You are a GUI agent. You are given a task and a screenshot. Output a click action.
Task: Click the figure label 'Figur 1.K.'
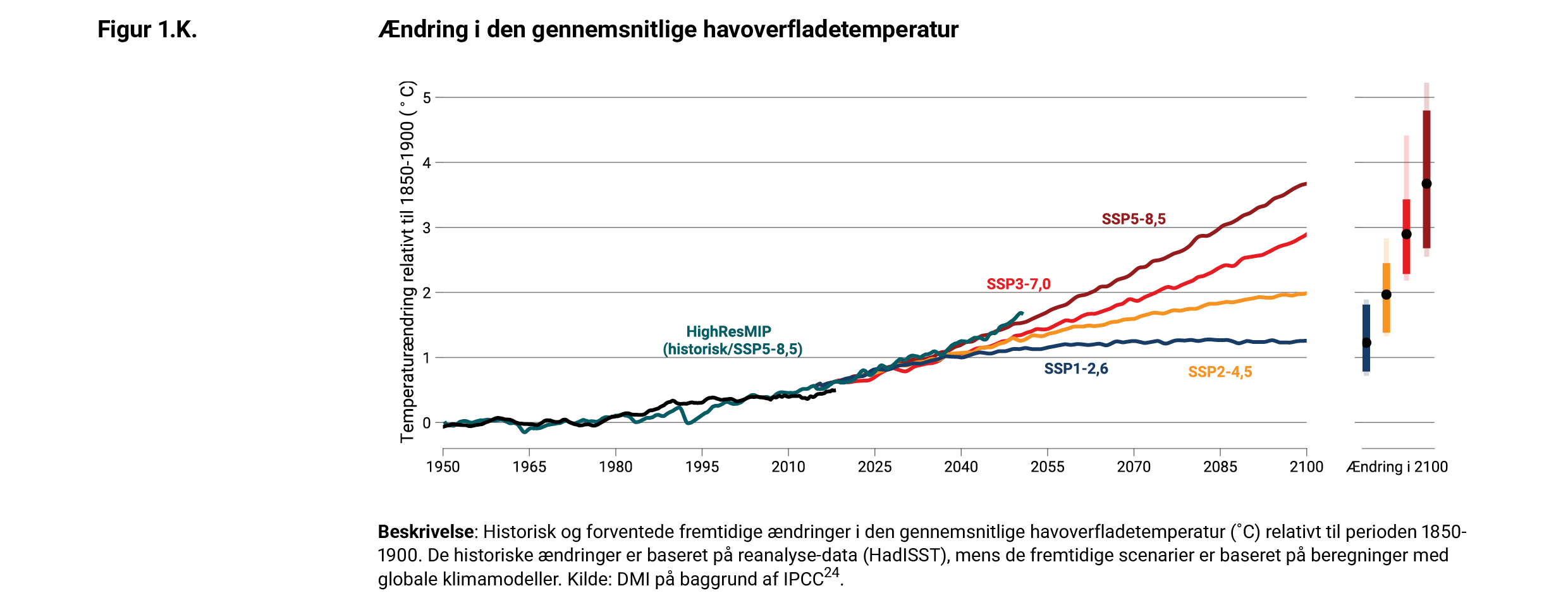(x=147, y=30)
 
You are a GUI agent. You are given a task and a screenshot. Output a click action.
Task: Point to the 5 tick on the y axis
(x=427, y=97)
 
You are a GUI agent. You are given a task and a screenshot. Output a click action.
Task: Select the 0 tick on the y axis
(x=427, y=423)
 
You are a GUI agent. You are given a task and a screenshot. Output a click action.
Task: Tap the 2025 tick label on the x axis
(x=874, y=467)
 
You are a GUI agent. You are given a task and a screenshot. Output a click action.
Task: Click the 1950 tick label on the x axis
(x=443, y=467)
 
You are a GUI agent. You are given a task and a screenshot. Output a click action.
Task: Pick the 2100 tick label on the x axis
(x=1306, y=467)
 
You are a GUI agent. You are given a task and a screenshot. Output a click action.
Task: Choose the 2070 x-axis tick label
(x=1134, y=467)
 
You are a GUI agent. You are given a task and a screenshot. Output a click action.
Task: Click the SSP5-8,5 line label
(x=1134, y=219)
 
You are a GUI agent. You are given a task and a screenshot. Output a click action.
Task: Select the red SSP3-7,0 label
(x=1019, y=284)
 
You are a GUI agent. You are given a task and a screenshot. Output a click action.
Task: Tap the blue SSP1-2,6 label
(x=1076, y=369)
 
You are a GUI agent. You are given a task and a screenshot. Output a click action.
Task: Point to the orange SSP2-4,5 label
(x=1220, y=372)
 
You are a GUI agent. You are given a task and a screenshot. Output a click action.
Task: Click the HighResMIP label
(x=729, y=332)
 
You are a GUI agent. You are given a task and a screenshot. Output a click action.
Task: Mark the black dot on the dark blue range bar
(x=1366, y=343)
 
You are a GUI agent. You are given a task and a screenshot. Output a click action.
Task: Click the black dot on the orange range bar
(x=1387, y=295)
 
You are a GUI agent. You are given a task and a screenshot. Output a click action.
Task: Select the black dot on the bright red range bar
(x=1406, y=234)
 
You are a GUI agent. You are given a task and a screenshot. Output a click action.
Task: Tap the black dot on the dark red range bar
(x=1426, y=184)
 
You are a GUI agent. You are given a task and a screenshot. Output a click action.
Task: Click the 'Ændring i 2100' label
(x=1397, y=467)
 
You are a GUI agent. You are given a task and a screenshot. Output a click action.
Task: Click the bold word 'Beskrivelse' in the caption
(x=426, y=532)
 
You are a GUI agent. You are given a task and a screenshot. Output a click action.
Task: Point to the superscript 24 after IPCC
(x=831, y=573)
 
